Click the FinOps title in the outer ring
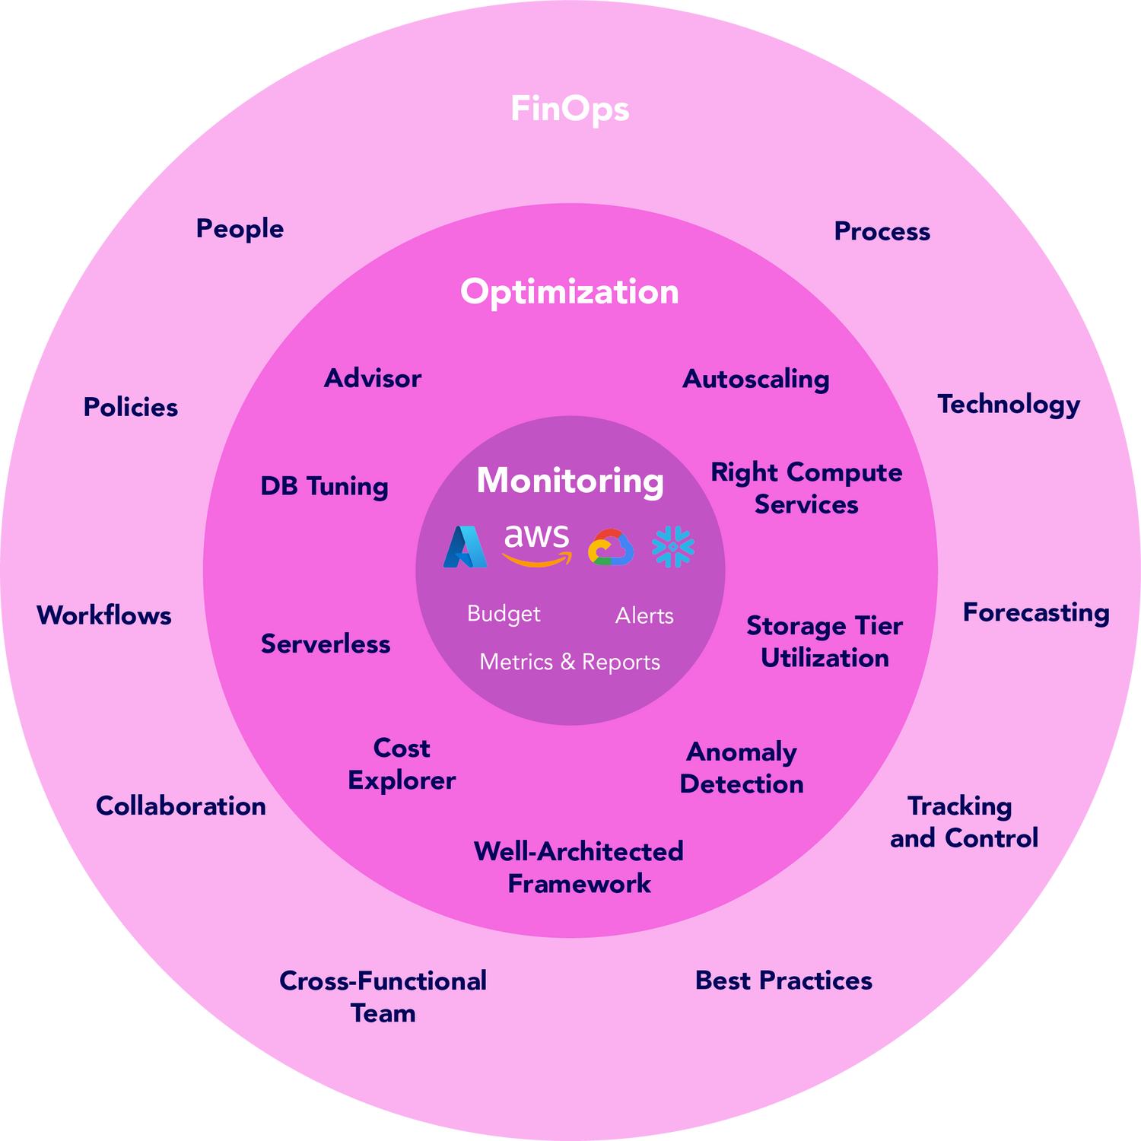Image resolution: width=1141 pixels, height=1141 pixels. [x=570, y=109]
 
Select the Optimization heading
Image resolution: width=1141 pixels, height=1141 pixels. [x=570, y=292]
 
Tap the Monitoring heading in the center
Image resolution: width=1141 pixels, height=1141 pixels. [x=570, y=481]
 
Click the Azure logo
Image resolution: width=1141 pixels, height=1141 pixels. [x=465, y=547]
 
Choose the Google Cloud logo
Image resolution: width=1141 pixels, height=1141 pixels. [x=611, y=548]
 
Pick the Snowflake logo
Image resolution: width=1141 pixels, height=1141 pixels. [x=673, y=547]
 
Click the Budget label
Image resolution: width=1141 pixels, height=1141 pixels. [x=504, y=614]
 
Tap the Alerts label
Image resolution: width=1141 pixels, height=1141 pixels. [x=644, y=615]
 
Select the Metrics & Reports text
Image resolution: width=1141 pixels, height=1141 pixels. [x=570, y=662]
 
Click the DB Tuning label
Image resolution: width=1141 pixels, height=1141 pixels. [x=324, y=486]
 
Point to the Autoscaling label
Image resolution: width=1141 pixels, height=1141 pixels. [x=755, y=379]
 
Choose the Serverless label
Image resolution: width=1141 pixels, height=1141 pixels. [x=326, y=644]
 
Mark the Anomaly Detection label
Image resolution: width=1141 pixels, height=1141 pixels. [x=742, y=768]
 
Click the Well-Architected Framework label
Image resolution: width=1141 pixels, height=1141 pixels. [x=578, y=867]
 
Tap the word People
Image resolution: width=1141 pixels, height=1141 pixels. [x=240, y=229]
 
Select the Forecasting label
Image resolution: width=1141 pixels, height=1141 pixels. [x=1036, y=612]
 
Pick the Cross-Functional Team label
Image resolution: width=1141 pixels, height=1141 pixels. [x=383, y=996]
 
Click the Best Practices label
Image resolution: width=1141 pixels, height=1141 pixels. [x=783, y=980]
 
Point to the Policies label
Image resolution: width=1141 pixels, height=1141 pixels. [x=131, y=407]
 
